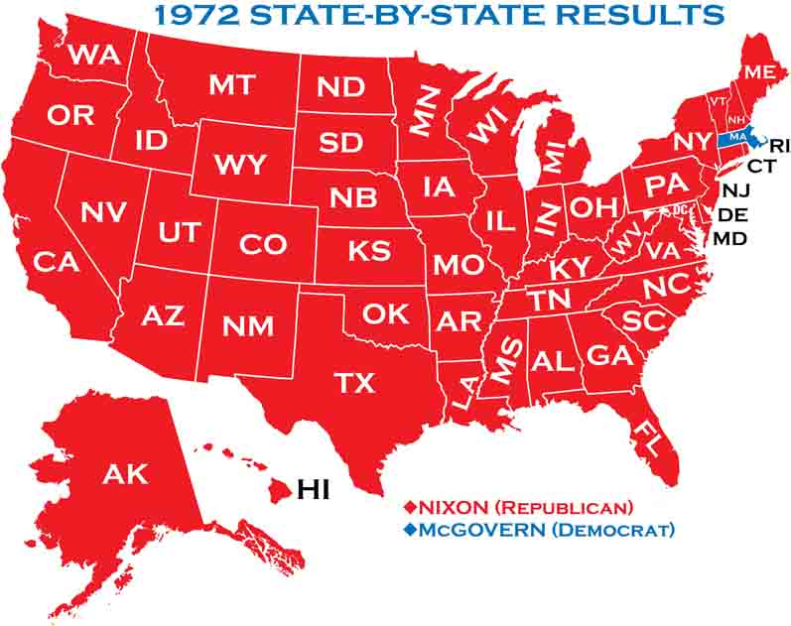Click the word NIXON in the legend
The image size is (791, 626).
tap(452, 507)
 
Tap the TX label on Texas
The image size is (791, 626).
tap(347, 383)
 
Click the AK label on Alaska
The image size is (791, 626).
tap(124, 473)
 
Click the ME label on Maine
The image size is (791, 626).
tap(759, 72)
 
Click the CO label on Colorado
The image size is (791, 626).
tap(263, 243)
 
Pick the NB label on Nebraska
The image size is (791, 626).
tap(353, 196)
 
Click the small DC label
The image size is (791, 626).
tap(680, 210)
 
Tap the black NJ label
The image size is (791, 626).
tap(735, 190)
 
